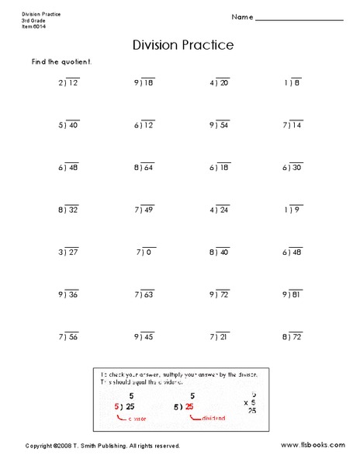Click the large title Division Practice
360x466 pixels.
tap(183, 45)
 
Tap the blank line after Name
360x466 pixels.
tap(299, 18)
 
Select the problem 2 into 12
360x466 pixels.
tap(67, 82)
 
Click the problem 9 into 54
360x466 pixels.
tap(220, 124)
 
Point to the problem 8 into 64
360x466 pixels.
tap(144, 167)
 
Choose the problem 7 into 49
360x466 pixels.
tap(144, 210)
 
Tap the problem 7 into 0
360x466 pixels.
tap(145, 252)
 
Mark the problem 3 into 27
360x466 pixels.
tap(67, 252)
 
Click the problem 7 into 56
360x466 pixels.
tap(67, 337)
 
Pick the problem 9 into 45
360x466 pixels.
tap(144, 337)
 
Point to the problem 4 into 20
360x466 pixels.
tap(220, 82)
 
